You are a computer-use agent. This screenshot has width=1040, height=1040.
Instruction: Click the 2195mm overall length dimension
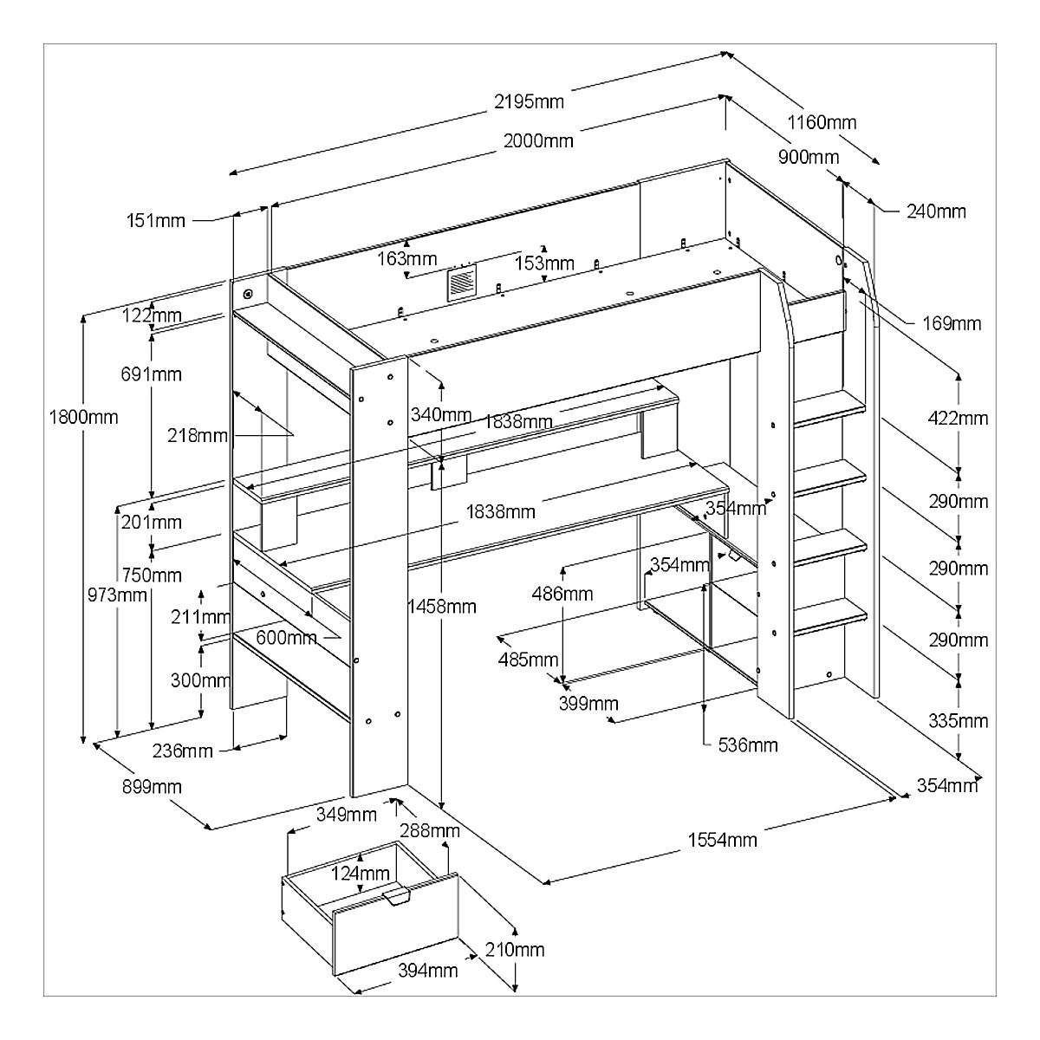[529, 101]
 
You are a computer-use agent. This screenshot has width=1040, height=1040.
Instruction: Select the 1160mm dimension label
[822, 122]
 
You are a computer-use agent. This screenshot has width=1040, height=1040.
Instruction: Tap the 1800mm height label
[84, 417]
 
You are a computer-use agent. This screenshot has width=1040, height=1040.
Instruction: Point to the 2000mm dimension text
[538, 141]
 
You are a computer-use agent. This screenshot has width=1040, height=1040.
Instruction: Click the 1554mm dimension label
[722, 840]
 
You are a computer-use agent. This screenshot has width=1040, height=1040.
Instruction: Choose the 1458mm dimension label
[442, 607]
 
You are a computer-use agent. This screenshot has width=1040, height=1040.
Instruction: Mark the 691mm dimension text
[151, 374]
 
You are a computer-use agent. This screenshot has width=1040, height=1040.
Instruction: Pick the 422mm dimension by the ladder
[958, 418]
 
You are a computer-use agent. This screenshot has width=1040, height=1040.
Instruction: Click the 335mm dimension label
[958, 720]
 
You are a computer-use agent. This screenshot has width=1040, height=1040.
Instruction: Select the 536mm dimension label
[748, 745]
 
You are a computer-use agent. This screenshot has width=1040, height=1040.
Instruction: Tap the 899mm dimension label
[152, 786]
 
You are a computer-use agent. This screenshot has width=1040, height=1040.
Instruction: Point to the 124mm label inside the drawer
[360, 873]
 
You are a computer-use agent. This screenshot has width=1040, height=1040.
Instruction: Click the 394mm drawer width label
[428, 971]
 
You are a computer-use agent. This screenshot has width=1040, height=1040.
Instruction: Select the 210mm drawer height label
[515, 949]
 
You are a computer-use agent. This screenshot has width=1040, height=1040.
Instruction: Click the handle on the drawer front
[397, 896]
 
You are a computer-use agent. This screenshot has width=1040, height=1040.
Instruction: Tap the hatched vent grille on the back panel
[462, 283]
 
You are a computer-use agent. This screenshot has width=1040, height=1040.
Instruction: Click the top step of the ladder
[829, 408]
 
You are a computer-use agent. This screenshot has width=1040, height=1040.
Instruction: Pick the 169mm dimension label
[952, 323]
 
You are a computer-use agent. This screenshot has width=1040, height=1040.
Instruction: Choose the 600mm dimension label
[286, 637]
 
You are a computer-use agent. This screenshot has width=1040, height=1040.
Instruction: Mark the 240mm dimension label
[936, 211]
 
